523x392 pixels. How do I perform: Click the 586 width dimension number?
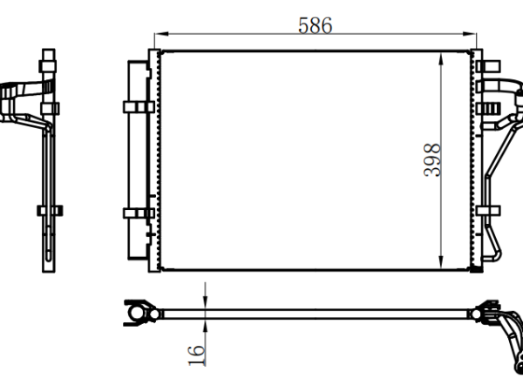point(316,25)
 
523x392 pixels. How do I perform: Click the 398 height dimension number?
point(432,160)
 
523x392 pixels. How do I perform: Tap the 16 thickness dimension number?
point(196,356)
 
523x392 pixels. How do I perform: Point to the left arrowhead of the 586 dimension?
point(162,34)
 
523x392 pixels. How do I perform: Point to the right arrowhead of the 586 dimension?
point(469,34)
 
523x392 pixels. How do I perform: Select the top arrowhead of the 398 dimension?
point(441,59)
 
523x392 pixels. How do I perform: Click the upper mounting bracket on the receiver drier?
point(139,107)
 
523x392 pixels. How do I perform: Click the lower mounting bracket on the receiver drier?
point(139,213)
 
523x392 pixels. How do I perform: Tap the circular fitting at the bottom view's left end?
point(136,314)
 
